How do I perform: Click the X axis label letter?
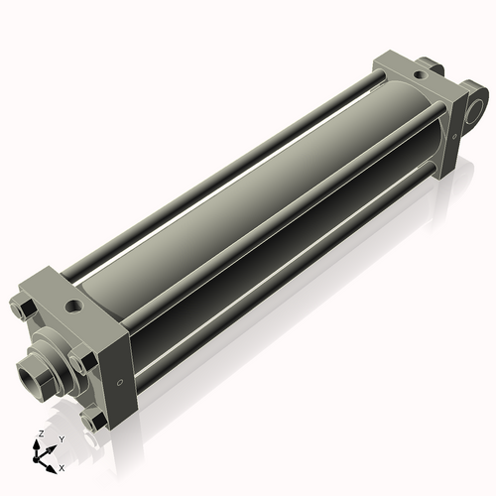point(62,468)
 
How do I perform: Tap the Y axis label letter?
point(62,439)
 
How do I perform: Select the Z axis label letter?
point(42,434)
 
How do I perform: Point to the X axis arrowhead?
point(51,469)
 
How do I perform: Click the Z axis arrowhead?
point(36,445)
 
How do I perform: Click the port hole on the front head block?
point(73,306)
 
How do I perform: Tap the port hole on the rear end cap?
point(420,75)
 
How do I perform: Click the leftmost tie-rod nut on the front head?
point(23,310)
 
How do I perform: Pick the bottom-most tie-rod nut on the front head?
point(95,422)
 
